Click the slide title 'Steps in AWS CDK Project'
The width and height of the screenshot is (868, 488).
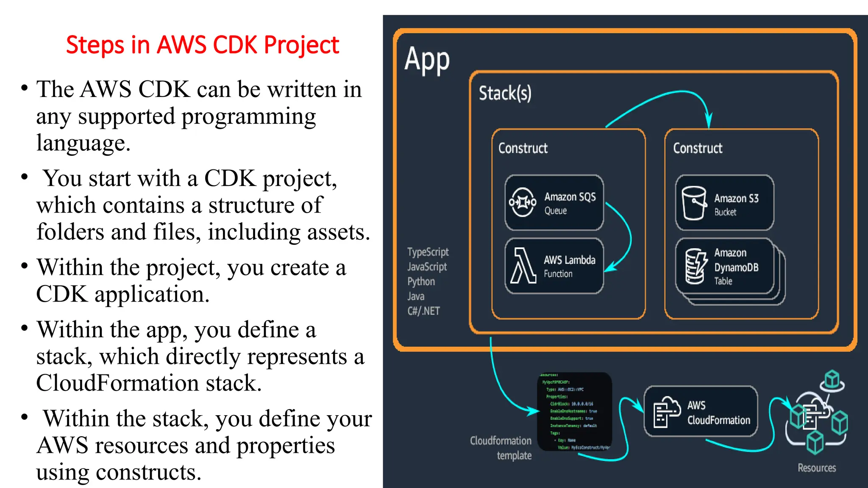click(203, 45)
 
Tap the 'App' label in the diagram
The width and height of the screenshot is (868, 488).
click(427, 60)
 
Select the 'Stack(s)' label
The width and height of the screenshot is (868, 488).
click(505, 93)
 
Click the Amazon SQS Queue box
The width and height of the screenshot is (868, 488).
click(554, 202)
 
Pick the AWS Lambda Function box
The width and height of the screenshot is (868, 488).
click(554, 266)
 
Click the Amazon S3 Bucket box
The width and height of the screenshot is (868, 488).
click(724, 203)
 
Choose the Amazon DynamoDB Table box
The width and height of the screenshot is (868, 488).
click(724, 266)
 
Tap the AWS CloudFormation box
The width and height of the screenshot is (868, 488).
click(701, 411)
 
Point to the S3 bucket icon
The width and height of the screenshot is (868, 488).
click(694, 203)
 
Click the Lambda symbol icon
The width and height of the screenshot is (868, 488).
click(523, 266)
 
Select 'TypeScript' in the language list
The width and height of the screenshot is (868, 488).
click(428, 252)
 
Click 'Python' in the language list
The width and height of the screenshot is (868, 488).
click(421, 282)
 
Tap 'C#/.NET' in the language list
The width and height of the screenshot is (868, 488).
click(423, 311)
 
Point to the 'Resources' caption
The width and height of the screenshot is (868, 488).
click(817, 468)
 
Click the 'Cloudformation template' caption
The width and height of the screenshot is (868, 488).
click(501, 448)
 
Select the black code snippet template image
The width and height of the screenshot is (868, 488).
click(575, 411)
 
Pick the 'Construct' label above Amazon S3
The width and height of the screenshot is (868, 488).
click(698, 148)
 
